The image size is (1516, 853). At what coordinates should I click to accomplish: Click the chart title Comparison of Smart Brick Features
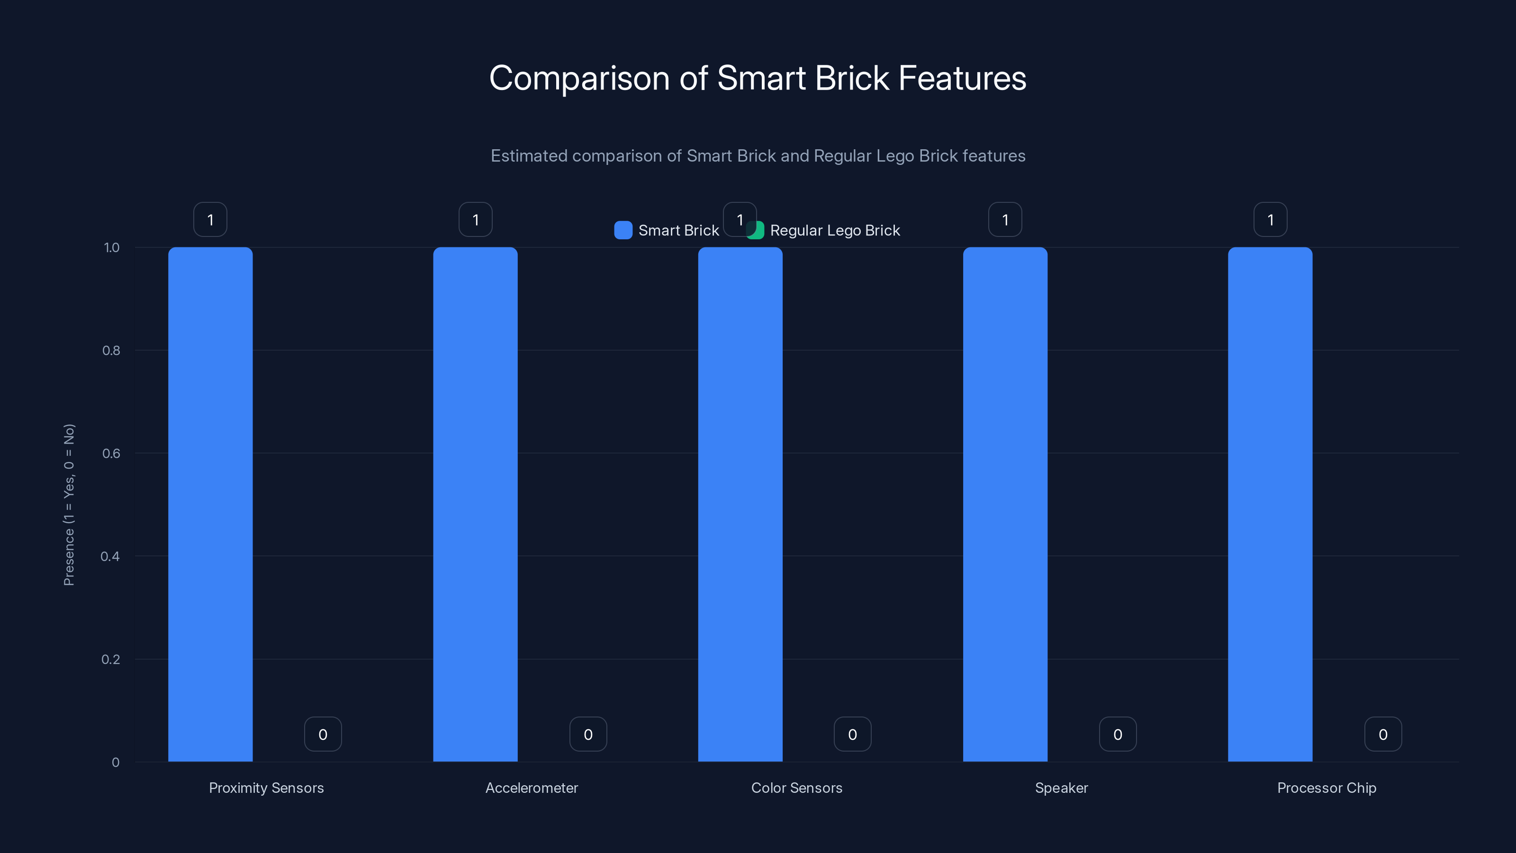click(x=758, y=78)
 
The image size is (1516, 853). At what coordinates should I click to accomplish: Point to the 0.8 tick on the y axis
click(x=111, y=350)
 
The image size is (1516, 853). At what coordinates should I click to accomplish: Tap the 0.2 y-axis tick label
click(x=111, y=659)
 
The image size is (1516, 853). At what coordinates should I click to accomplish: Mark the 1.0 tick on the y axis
click(x=111, y=248)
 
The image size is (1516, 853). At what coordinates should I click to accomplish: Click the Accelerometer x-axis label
click(x=532, y=788)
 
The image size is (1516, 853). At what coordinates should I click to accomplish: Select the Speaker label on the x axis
click(x=1061, y=788)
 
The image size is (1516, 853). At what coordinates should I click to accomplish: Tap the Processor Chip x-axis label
click(x=1326, y=788)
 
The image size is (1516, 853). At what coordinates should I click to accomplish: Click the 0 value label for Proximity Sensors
click(x=323, y=734)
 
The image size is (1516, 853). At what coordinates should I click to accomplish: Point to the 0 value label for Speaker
click(x=1118, y=734)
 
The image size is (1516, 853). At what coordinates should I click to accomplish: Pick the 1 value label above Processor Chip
click(x=1270, y=219)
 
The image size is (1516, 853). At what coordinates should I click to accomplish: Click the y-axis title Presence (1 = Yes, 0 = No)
click(x=69, y=505)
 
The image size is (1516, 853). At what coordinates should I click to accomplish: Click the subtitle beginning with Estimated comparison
click(x=758, y=155)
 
